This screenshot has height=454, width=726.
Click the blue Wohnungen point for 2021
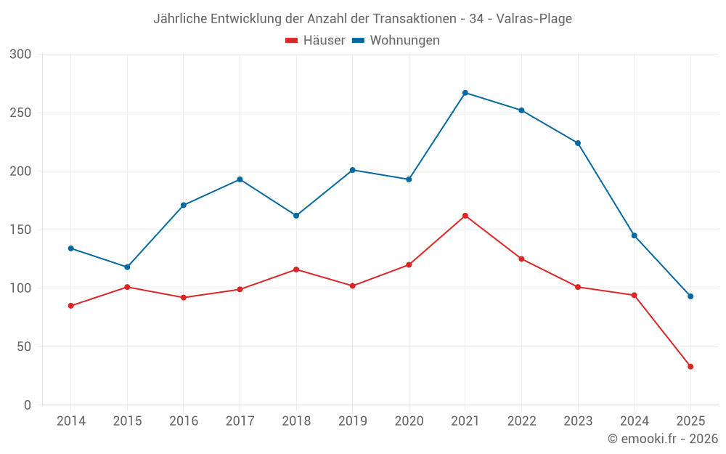tap(465, 93)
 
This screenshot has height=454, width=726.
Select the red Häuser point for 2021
tap(465, 216)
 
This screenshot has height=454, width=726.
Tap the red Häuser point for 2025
tap(690, 367)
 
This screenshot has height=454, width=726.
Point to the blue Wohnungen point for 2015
tap(127, 267)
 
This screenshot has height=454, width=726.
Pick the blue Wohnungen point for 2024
tap(634, 235)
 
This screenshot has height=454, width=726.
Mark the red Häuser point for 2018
tap(296, 269)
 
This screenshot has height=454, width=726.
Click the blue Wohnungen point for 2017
tap(240, 179)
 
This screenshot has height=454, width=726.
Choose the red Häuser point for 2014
tap(71, 306)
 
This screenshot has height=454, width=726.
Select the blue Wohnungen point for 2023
tap(578, 143)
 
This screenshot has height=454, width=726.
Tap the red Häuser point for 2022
tap(521, 259)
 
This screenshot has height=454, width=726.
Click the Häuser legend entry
tap(316, 41)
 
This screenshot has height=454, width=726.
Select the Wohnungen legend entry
tap(396, 41)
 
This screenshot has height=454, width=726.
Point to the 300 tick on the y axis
tap(21, 54)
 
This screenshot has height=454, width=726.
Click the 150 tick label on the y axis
tap(21, 230)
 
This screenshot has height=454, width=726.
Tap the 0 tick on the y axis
tap(28, 405)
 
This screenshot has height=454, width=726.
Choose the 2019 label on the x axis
tap(353, 421)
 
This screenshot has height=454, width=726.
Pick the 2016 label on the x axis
tap(184, 421)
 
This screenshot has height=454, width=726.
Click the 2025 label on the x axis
tap(690, 421)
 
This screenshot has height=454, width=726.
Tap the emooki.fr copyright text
tap(663, 439)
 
